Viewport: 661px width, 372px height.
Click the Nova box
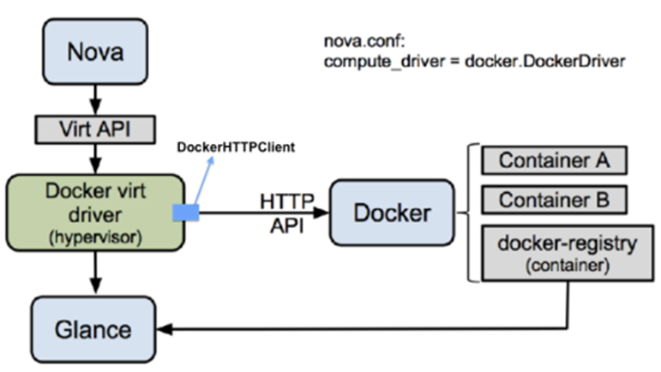[x=95, y=51]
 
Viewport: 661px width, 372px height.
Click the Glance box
[x=95, y=328]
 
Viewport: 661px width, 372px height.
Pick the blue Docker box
[x=391, y=212]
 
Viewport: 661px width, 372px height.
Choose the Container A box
[x=553, y=160]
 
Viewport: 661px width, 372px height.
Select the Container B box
[x=553, y=200]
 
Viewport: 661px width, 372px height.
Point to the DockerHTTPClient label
[x=236, y=147]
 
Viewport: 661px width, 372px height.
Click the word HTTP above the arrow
[x=287, y=201]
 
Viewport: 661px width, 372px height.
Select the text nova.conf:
[x=358, y=42]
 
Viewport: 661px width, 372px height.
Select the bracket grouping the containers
[x=470, y=213]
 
